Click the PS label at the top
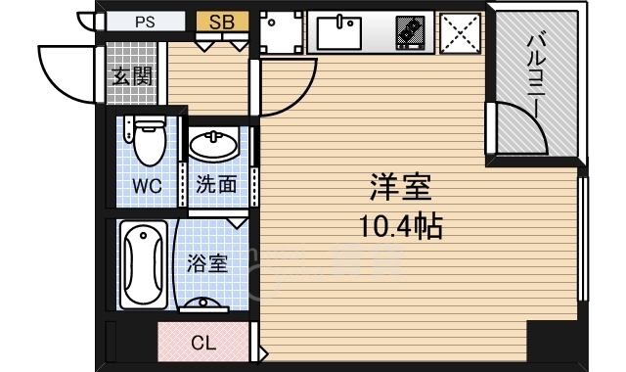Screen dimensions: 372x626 145,20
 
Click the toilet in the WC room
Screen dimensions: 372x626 148,142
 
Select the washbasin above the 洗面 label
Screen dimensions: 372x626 213,147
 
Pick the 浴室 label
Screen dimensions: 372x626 206,263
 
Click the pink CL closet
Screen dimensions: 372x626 203,344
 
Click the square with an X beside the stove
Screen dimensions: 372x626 460,31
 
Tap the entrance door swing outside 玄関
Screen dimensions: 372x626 68,73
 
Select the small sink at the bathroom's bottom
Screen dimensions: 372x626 206,303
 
